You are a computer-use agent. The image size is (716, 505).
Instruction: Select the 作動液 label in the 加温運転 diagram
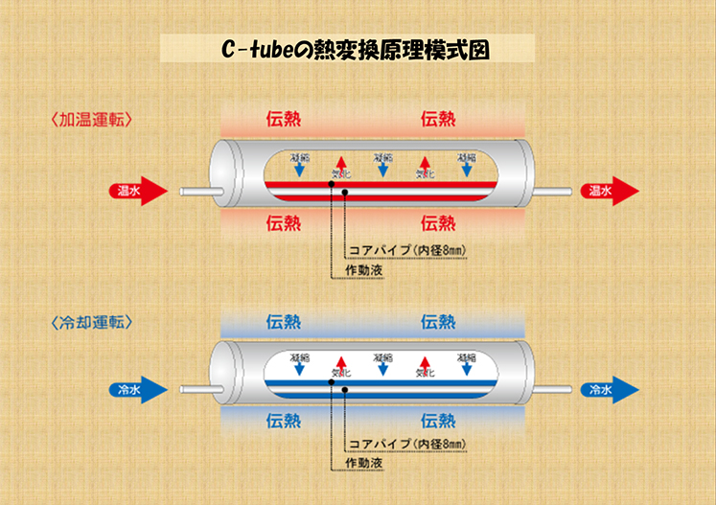363,271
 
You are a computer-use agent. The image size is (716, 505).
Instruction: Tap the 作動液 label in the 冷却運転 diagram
363,466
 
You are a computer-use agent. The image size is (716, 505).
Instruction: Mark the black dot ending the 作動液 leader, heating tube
343,192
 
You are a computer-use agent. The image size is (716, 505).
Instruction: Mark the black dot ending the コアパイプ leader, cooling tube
332,381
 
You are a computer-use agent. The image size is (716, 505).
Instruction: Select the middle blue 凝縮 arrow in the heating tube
382,166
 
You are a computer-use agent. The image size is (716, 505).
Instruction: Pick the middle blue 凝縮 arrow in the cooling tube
382,365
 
